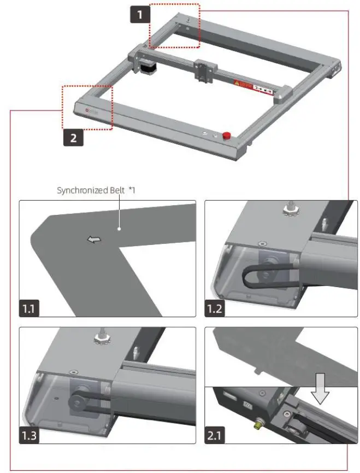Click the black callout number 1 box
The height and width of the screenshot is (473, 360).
click(x=141, y=13)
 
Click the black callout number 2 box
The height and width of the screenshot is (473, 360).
click(x=73, y=138)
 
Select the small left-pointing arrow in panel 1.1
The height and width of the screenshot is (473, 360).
click(x=94, y=240)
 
